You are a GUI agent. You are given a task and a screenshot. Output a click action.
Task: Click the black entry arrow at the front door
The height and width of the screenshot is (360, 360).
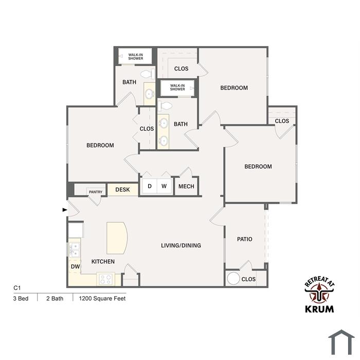pyautogui.click(x=65, y=210)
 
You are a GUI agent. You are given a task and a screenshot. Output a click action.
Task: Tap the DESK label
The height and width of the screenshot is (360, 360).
pyautogui.click(x=122, y=190)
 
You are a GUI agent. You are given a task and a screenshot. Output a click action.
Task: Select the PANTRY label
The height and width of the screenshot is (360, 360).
pyautogui.click(x=96, y=192)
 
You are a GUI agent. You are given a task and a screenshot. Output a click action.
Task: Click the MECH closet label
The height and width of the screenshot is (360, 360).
pyautogui.click(x=186, y=186)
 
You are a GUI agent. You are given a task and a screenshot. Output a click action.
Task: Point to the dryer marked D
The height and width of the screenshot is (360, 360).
pyautogui.click(x=150, y=186)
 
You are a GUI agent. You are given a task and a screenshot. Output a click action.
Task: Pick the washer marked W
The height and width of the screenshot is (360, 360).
pyautogui.click(x=164, y=186)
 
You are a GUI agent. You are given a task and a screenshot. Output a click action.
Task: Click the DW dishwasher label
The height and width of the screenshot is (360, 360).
pyautogui.click(x=75, y=266)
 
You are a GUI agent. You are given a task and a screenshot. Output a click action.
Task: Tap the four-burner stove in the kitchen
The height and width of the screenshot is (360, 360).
pyautogui.click(x=105, y=279)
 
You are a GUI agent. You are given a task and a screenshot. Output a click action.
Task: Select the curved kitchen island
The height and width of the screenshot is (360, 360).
pyautogui.click(x=117, y=238)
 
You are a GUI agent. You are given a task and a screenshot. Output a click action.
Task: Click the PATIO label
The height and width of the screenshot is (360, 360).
pyautogui.click(x=245, y=239)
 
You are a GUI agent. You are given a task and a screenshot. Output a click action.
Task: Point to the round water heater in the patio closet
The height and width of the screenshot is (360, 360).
pyautogui.click(x=233, y=278)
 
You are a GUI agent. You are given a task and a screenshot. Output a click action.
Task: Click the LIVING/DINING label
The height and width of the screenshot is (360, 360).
pyautogui.click(x=181, y=245)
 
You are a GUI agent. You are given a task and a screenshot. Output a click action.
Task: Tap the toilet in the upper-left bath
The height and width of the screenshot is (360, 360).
pyautogui.click(x=148, y=74)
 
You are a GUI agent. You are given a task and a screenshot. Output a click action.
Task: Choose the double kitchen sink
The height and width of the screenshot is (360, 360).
pyautogui.click(x=75, y=250)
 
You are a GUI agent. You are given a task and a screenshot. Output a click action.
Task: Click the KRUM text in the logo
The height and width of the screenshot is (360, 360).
pyautogui.click(x=319, y=309)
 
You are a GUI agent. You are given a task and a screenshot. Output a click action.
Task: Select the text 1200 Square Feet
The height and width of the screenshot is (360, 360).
pyautogui.click(x=102, y=298)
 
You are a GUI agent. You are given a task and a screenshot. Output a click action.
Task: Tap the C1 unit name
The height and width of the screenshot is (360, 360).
pyautogui.click(x=17, y=288)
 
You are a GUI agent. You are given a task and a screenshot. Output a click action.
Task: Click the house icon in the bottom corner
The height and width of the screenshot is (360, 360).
pyautogui.click(x=341, y=343)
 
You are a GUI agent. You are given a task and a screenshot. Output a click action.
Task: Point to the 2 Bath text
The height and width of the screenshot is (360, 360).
pyautogui.click(x=55, y=298)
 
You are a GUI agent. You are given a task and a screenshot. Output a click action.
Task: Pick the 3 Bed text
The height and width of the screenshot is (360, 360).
pyautogui.click(x=21, y=298)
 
